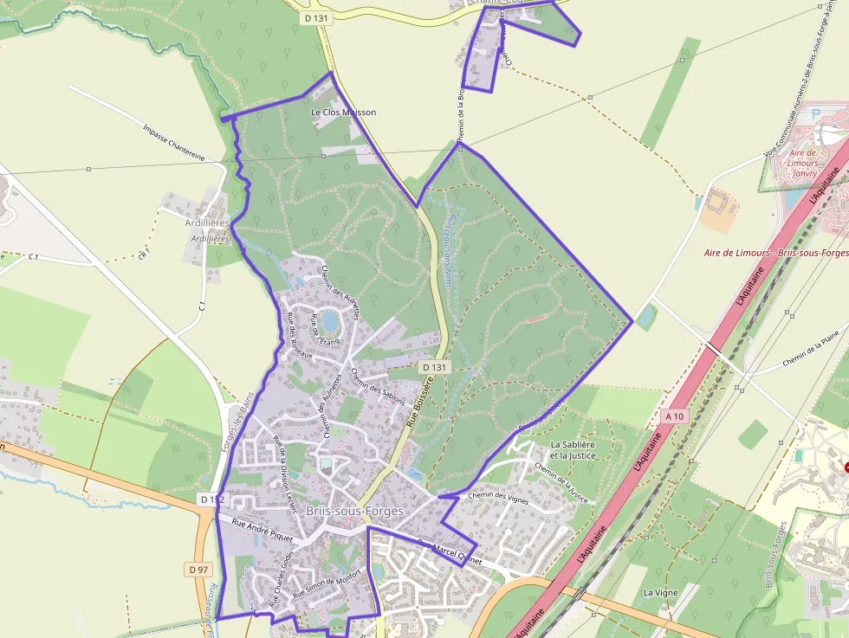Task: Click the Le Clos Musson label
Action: click(x=344, y=113)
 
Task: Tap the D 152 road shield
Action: click(x=211, y=499)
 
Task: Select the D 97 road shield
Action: click(x=198, y=569)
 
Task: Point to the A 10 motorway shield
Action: click(x=675, y=416)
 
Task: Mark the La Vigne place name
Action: click(x=660, y=593)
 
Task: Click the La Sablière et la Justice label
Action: click(x=574, y=449)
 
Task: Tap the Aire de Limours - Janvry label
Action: click(x=805, y=163)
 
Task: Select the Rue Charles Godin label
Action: click(x=281, y=576)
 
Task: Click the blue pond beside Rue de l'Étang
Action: click(x=330, y=322)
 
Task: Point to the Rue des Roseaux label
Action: click(x=297, y=334)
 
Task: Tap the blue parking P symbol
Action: click(x=815, y=114)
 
